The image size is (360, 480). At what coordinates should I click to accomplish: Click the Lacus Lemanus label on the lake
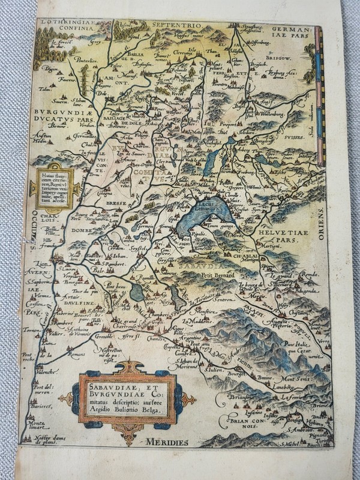(210, 206)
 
